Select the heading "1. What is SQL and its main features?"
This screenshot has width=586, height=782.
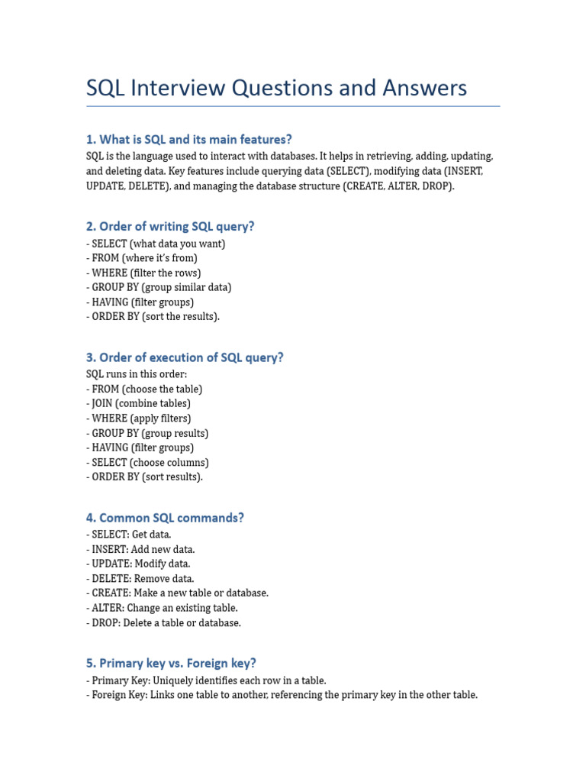189,139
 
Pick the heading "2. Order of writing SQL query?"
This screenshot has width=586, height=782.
170,226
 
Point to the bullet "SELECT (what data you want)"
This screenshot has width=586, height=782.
158,244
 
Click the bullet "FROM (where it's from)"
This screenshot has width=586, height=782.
144,258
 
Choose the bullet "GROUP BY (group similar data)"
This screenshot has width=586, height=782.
161,287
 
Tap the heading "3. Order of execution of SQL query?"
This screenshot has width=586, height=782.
185,357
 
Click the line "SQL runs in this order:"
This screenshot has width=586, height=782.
137,374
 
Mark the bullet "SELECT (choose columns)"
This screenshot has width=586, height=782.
150,462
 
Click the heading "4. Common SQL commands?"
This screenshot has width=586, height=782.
165,518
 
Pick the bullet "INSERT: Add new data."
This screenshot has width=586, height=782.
143,549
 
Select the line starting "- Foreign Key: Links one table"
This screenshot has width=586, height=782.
282,695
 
